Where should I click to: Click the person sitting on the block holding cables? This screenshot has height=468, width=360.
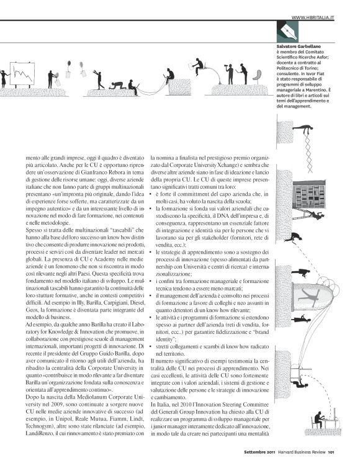coord(169,75)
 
